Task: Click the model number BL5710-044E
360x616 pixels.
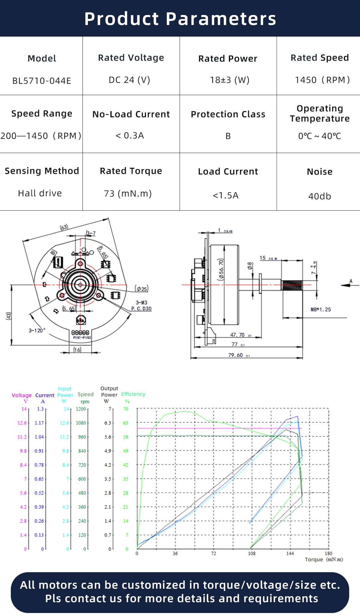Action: tap(42, 81)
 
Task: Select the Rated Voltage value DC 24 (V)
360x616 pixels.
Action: tap(130, 80)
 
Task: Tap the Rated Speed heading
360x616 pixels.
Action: tap(319, 58)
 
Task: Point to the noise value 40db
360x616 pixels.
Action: tap(319, 196)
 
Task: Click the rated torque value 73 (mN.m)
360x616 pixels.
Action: tap(128, 194)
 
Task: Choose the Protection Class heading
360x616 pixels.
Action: tap(228, 114)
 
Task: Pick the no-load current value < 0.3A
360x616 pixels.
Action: tap(130, 136)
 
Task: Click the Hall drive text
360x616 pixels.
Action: tap(40, 193)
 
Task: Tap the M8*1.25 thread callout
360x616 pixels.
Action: tap(321, 309)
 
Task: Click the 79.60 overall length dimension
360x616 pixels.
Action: tap(236, 355)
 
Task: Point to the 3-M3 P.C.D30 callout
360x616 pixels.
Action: tap(141, 306)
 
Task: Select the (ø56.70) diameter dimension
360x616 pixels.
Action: tap(221, 269)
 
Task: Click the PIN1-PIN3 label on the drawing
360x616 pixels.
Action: tap(82, 338)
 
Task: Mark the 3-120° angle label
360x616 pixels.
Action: tap(37, 330)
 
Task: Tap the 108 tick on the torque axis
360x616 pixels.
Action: tap(252, 553)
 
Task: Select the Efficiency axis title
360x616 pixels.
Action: tap(133, 394)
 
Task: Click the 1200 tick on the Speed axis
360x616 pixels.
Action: tap(81, 409)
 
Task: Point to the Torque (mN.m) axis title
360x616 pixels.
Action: tap(324, 559)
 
